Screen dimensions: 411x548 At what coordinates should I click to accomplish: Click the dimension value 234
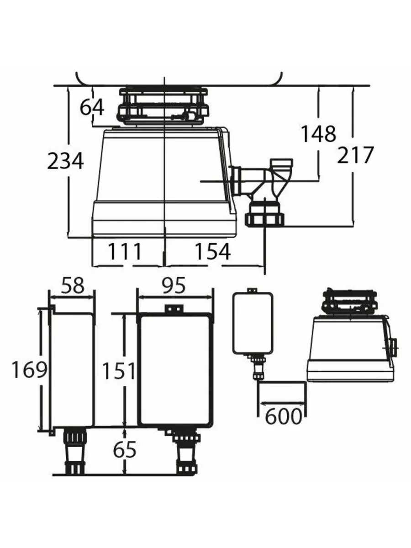[65, 161]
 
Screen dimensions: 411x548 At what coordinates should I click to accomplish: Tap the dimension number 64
[92, 108]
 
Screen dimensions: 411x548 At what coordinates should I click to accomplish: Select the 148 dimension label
[319, 134]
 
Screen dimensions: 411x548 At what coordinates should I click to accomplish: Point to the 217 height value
[355, 155]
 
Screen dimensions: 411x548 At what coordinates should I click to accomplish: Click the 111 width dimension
[125, 252]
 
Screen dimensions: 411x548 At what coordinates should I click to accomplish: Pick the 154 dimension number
[212, 252]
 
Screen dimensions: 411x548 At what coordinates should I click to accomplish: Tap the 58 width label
[73, 285]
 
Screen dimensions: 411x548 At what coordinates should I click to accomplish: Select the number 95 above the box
[174, 285]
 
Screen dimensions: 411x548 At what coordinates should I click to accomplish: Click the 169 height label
[29, 370]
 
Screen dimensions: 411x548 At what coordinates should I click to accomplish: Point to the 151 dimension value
[119, 371]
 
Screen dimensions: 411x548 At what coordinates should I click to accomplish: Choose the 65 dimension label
[125, 450]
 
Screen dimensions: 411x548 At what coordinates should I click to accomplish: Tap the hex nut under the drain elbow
[265, 219]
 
